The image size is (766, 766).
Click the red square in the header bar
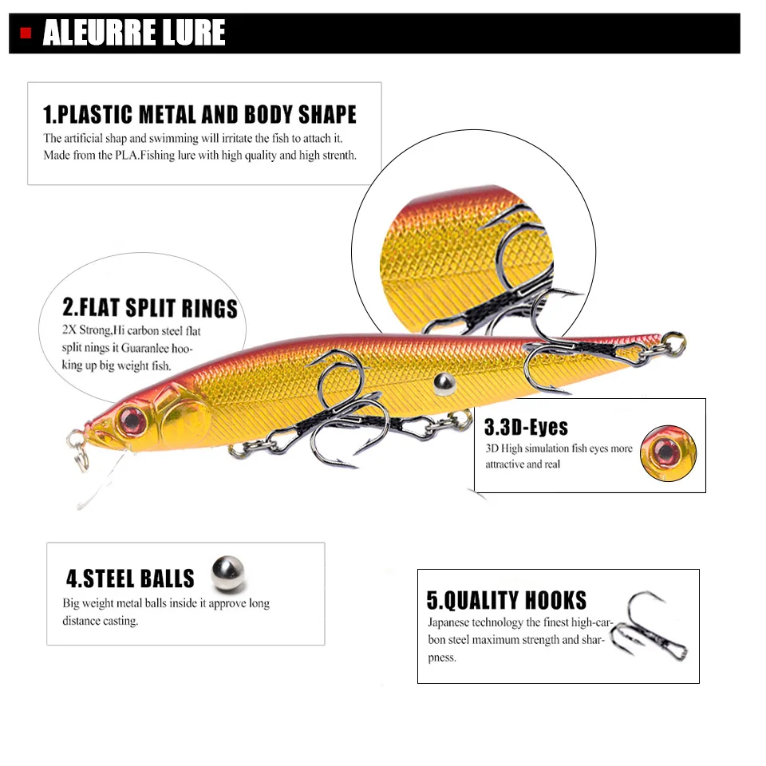(26, 34)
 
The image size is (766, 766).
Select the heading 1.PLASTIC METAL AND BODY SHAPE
(199, 114)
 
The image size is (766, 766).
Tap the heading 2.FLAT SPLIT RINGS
(150, 308)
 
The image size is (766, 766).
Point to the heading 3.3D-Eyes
(526, 427)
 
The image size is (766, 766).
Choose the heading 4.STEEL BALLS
(130, 578)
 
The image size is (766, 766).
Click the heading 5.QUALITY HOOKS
(506, 600)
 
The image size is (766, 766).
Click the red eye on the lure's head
(132, 421)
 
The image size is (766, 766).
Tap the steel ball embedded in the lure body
(444, 384)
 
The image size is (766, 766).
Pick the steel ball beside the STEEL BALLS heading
(227, 573)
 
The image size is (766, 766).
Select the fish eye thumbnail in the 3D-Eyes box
(669, 453)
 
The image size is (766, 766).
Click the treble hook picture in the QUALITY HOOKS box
(650, 626)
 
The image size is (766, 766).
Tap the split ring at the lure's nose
(78, 449)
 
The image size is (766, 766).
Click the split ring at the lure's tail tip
(673, 342)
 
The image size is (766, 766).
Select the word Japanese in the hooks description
(448, 622)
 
